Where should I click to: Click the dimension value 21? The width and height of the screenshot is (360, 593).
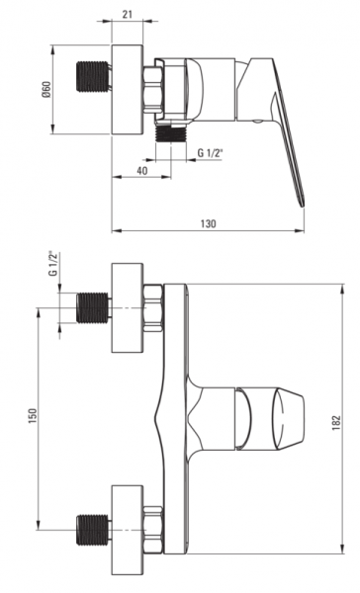(x=128, y=15)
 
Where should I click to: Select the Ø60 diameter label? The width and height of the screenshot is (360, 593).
(x=46, y=89)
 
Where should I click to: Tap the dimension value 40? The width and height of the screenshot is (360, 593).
(x=142, y=171)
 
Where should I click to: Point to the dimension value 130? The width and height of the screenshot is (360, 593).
(x=208, y=223)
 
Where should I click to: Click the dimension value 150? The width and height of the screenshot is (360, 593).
(x=33, y=416)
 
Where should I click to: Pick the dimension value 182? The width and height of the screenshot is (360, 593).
(x=336, y=422)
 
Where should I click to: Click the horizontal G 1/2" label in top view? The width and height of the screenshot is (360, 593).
(x=211, y=153)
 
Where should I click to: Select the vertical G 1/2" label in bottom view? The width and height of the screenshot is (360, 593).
(x=53, y=263)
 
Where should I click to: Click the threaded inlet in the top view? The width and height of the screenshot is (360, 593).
(x=93, y=76)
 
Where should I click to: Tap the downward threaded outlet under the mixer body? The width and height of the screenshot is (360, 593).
(x=171, y=133)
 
